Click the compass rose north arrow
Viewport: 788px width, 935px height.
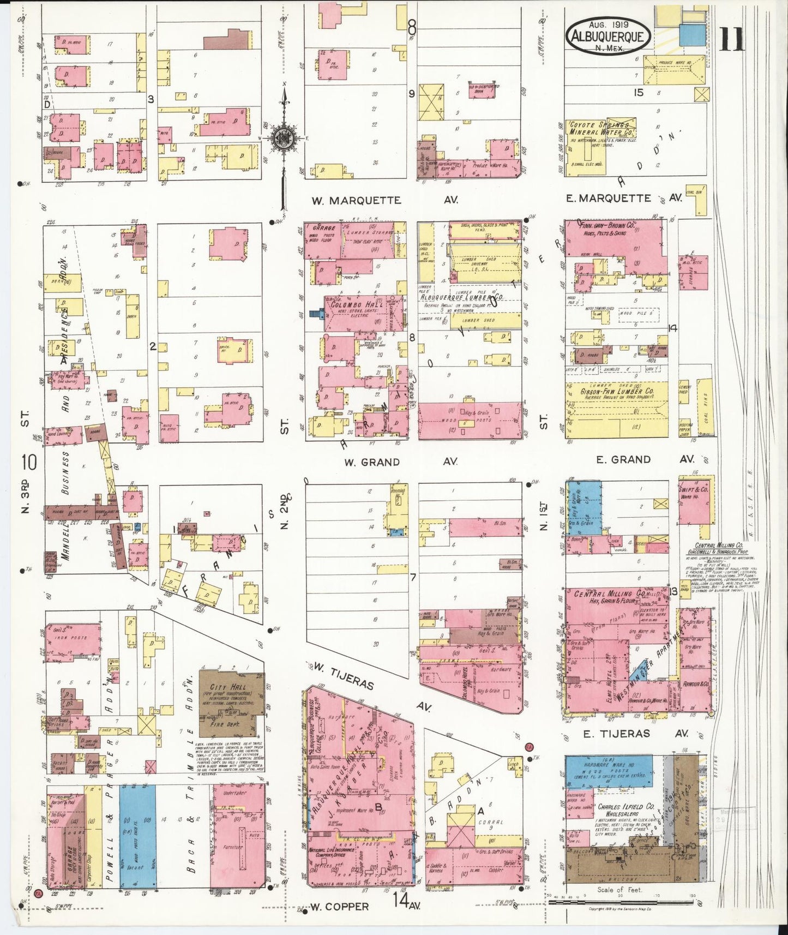pyautogui.click(x=284, y=136)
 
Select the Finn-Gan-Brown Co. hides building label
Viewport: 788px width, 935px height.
pyautogui.click(x=605, y=225)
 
